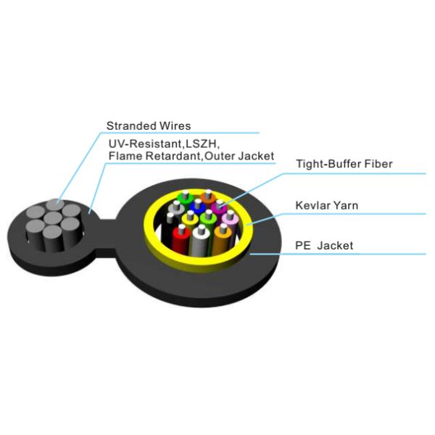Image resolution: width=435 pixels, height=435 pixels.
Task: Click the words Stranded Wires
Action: coord(149,125)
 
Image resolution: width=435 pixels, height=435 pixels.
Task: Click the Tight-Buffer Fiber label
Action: coord(344,164)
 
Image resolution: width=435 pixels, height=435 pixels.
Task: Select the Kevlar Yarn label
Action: coord(327,205)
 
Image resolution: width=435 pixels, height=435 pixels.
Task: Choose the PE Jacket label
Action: coord(324,246)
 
